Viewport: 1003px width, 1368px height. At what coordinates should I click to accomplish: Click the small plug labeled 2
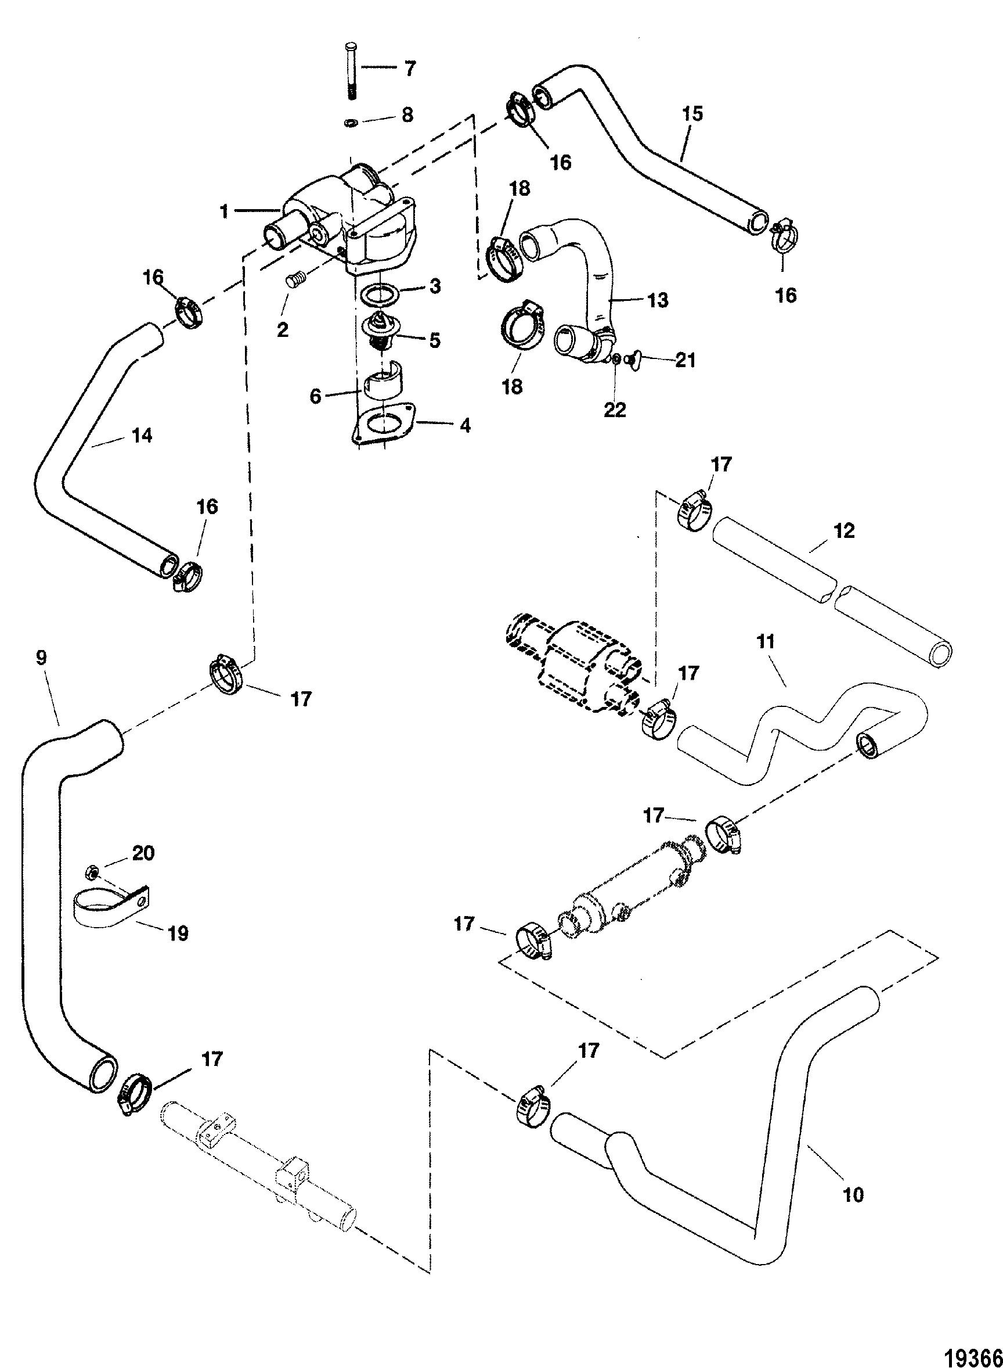[295, 281]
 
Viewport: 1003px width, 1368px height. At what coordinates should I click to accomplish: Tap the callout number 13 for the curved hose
[658, 300]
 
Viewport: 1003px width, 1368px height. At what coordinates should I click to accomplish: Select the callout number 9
[41, 659]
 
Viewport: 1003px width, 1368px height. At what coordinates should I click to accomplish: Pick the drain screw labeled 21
[634, 362]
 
